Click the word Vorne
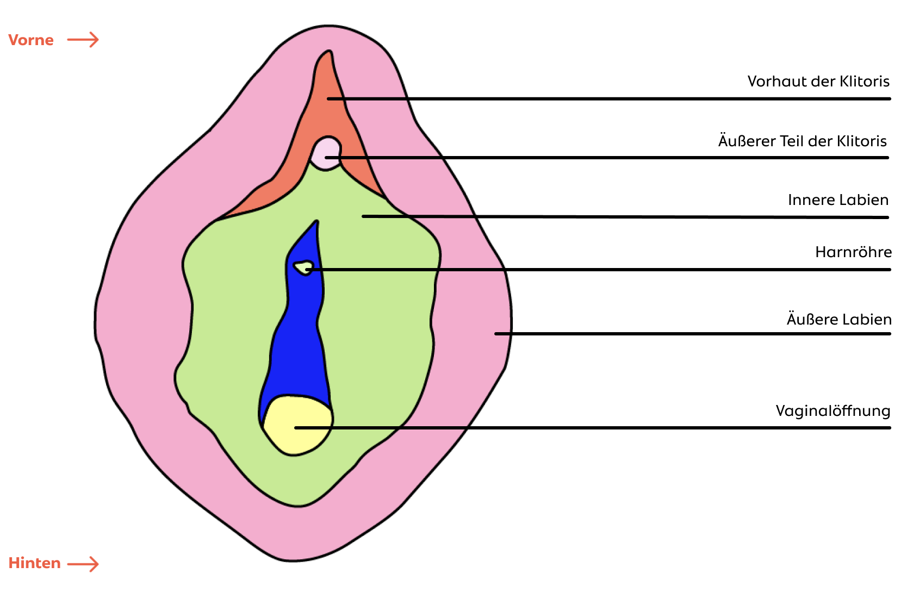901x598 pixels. pos(31,40)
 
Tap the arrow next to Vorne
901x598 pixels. pos(83,40)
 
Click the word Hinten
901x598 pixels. pos(35,563)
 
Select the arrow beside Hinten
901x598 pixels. pos(83,564)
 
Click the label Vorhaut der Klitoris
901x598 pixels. pos(818,81)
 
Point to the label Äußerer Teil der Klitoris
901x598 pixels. pos(803,141)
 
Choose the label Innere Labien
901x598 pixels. pos(838,200)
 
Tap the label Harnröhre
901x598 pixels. pos(854,252)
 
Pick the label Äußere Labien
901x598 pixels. pos(839,319)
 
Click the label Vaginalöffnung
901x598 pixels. pos(833,411)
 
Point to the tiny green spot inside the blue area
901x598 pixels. pos(304,267)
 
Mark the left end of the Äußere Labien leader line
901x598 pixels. pos(496,334)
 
